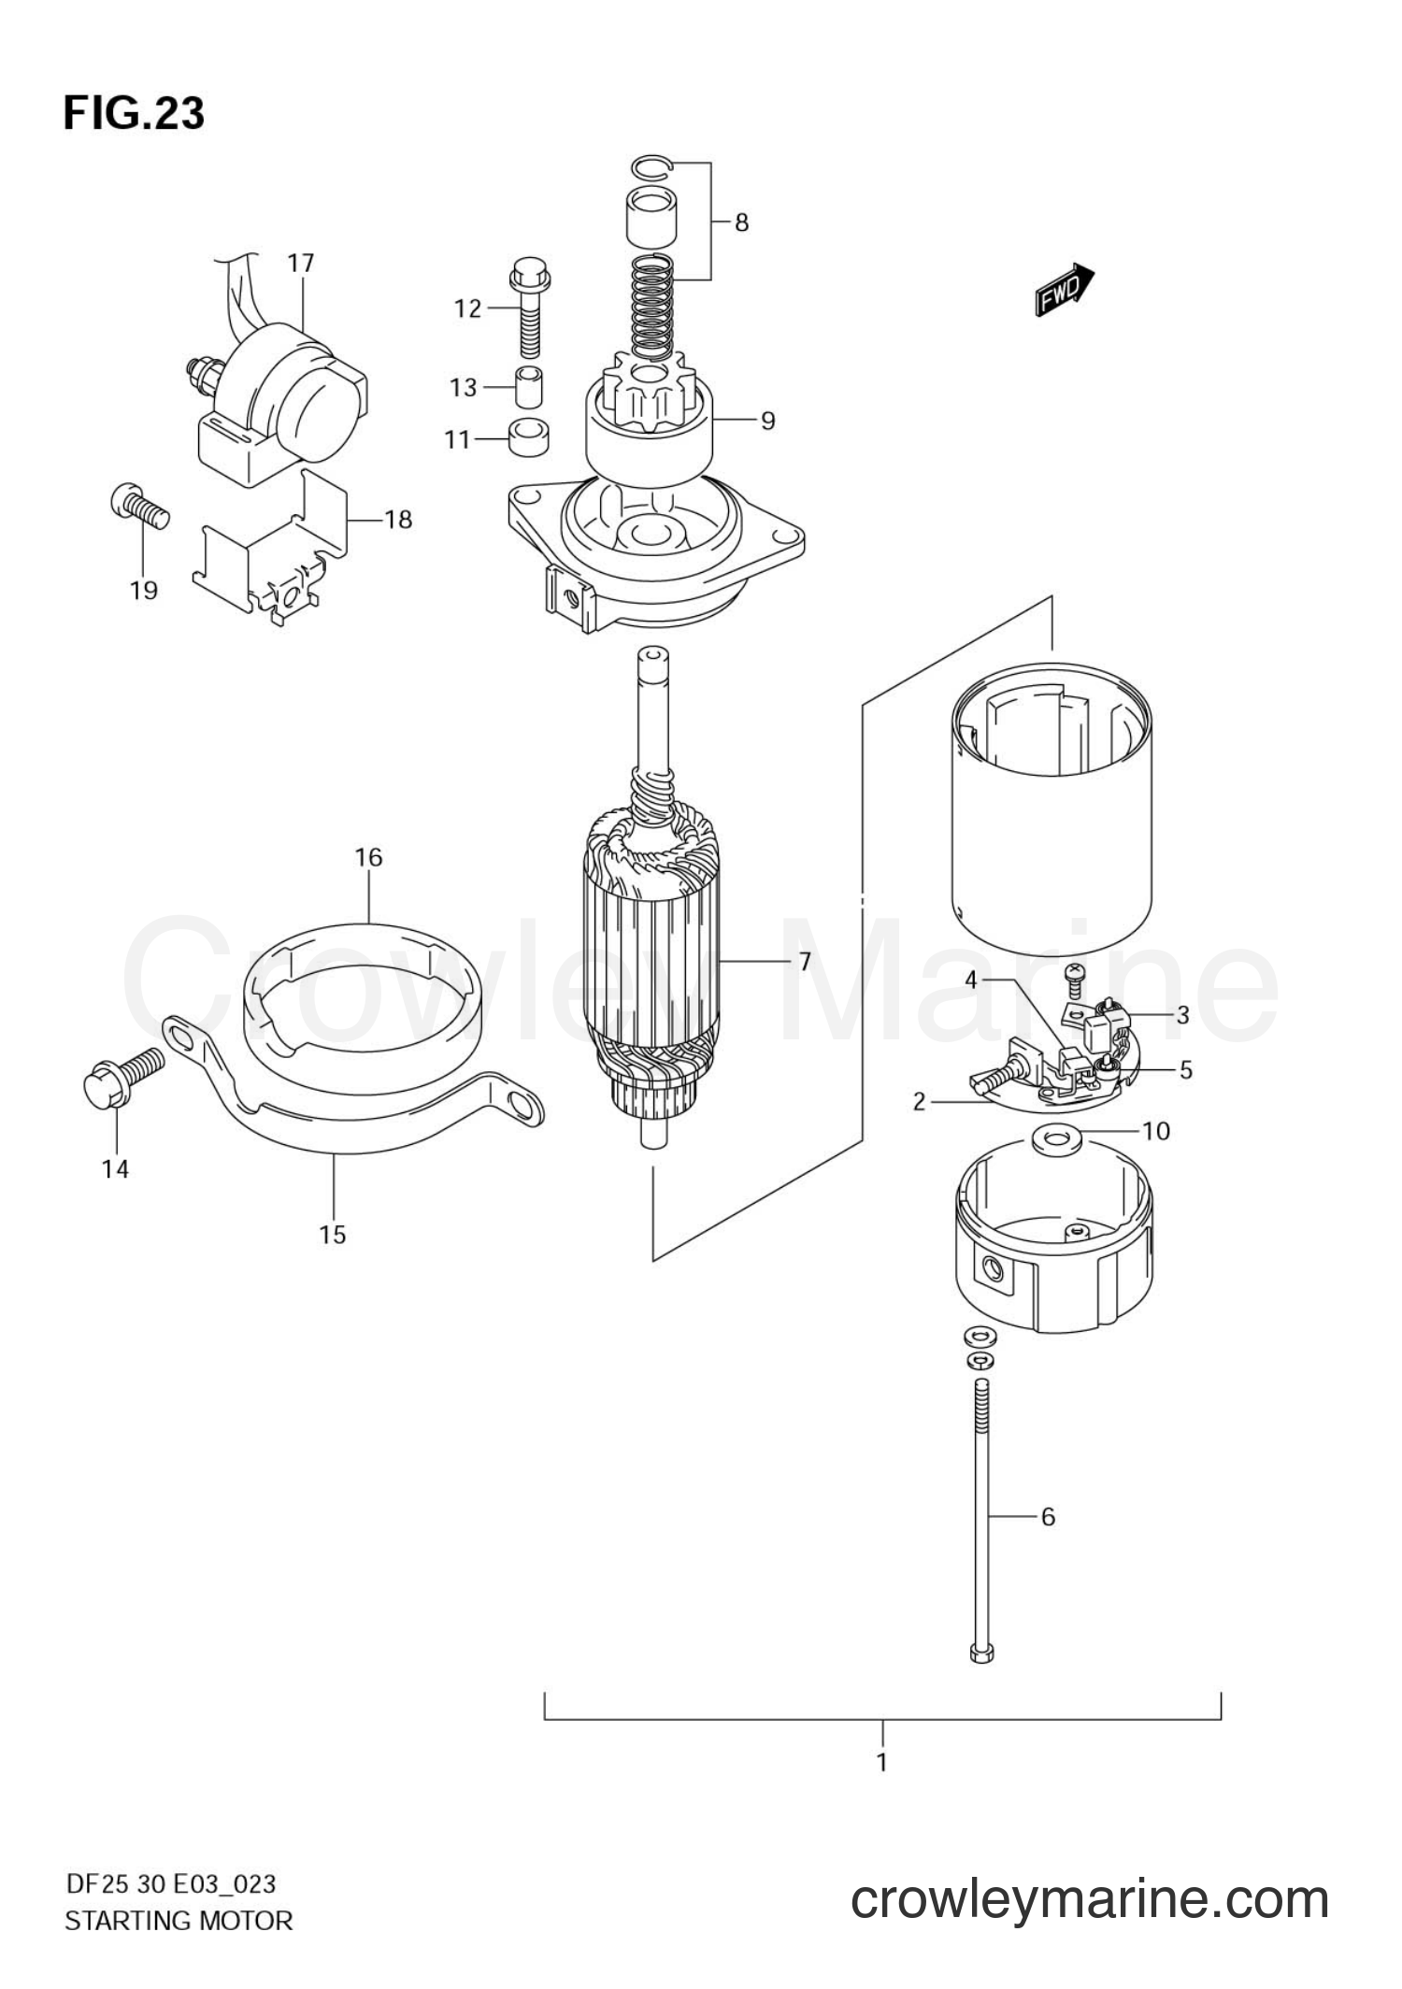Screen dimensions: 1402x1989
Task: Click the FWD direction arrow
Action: click(1065, 289)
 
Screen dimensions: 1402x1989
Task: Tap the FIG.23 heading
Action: click(134, 113)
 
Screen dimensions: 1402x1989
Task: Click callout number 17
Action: click(301, 264)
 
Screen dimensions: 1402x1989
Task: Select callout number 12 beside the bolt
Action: click(467, 308)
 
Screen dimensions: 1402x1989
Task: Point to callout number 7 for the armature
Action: click(805, 961)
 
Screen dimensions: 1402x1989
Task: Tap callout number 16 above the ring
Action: click(368, 857)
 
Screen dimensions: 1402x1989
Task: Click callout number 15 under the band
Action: click(333, 1235)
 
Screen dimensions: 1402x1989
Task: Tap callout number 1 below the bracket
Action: click(881, 1762)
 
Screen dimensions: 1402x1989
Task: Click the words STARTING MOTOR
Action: click(179, 1921)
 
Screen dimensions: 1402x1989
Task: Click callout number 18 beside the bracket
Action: click(398, 519)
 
